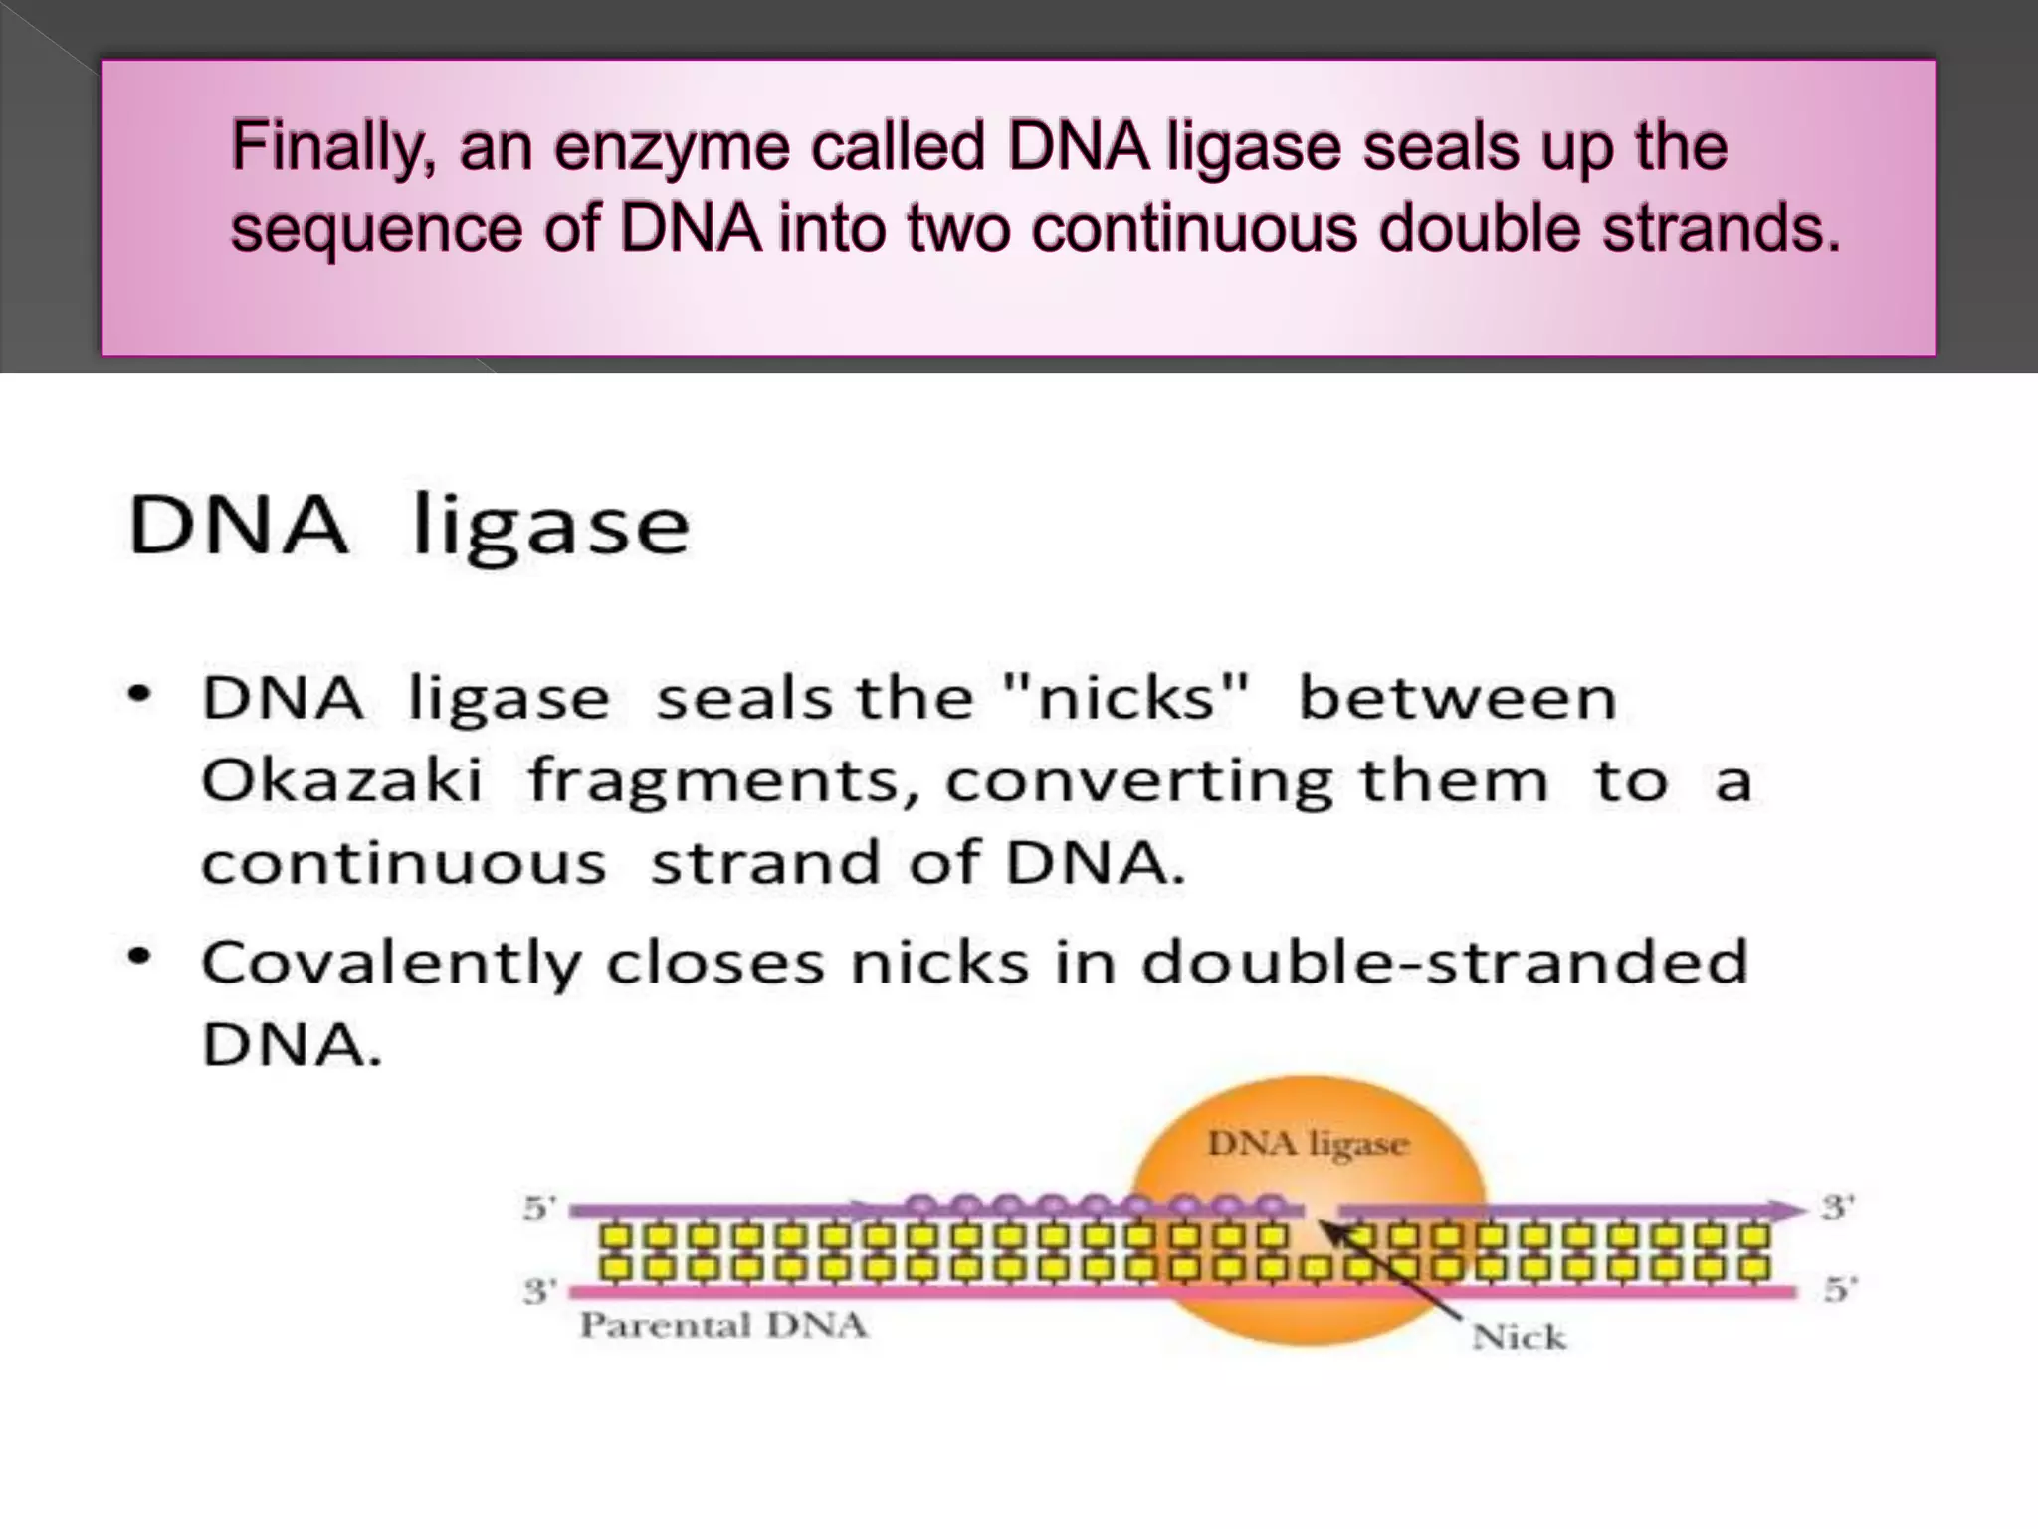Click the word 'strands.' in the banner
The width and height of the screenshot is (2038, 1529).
1722,228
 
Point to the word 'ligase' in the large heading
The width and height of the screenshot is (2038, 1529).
550,527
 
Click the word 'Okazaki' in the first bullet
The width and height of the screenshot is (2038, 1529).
342,779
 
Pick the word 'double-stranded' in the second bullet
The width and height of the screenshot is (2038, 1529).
1444,962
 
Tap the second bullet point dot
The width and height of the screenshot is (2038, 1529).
140,957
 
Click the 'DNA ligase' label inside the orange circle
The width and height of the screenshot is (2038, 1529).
1308,1144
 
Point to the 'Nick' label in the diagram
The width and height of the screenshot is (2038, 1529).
1519,1337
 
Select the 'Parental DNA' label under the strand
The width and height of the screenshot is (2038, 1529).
723,1325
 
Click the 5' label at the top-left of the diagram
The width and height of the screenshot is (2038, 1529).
537,1209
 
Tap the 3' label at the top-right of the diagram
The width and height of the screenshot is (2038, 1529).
1836,1207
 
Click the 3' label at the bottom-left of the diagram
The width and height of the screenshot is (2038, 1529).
538,1291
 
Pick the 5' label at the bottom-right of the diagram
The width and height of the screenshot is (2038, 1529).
1836,1290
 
